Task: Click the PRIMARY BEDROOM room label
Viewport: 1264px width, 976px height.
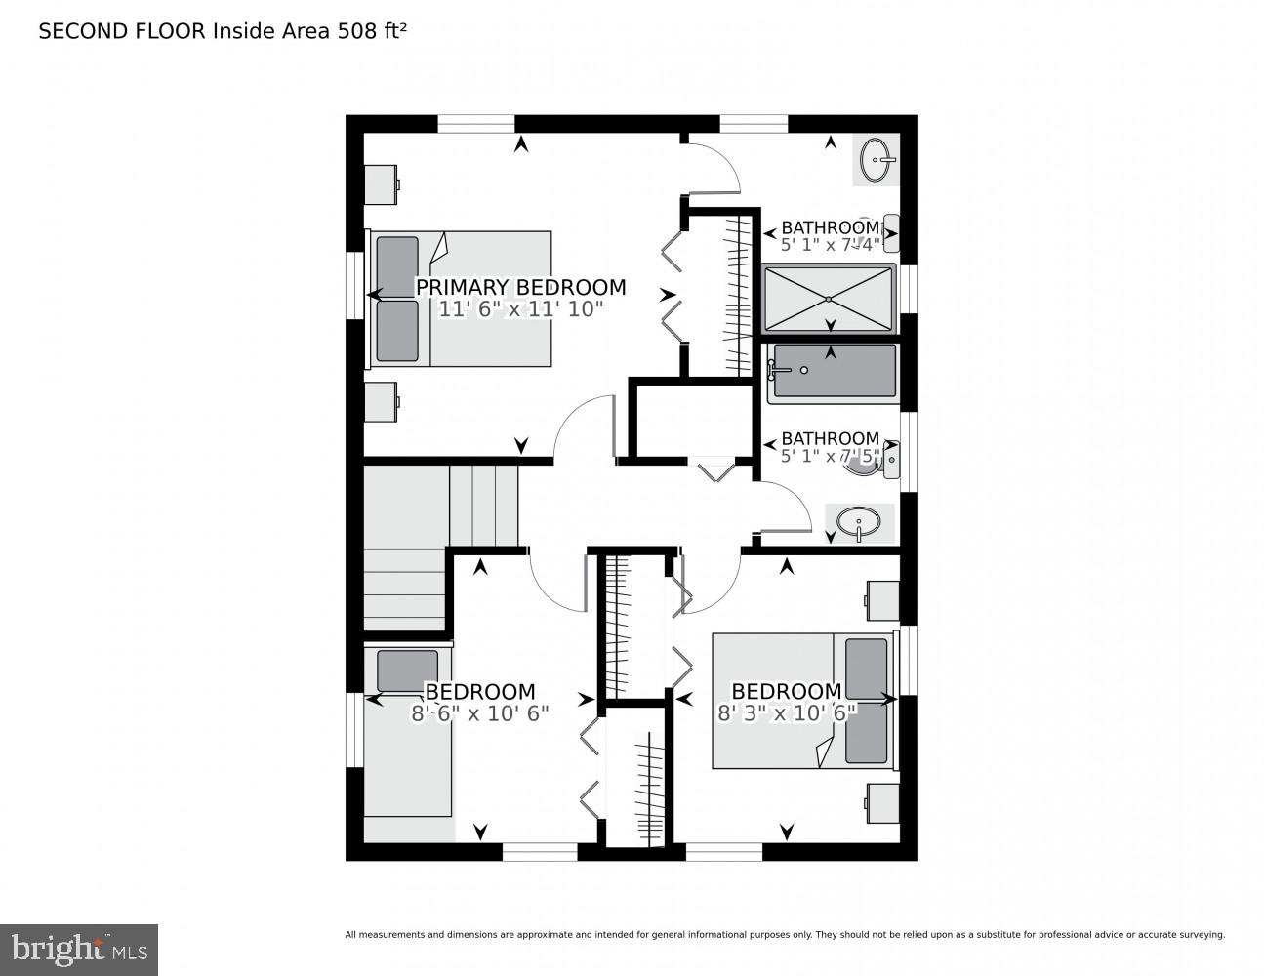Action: tap(520, 287)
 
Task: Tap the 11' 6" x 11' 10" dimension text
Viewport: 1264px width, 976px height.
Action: tap(520, 309)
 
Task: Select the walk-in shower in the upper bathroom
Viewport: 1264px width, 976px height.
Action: tap(828, 298)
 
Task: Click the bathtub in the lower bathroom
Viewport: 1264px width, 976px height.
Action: tap(832, 372)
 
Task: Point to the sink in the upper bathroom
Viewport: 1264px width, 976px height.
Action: tap(876, 159)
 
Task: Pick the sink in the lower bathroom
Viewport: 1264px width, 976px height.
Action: tap(859, 523)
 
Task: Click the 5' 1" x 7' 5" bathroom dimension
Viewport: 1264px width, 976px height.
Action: tap(831, 456)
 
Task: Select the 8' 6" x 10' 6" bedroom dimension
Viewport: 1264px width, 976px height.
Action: tap(479, 713)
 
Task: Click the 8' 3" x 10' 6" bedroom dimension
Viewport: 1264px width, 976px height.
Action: tap(787, 713)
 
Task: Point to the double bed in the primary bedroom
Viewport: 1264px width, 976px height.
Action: tap(459, 299)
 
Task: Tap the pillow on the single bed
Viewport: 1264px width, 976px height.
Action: tap(407, 671)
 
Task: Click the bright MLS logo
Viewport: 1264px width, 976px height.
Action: tap(78, 949)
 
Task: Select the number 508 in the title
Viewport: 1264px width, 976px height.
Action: tap(356, 31)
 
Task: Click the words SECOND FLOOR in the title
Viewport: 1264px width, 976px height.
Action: tap(122, 31)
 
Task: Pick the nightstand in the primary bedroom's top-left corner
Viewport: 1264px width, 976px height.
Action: tap(381, 183)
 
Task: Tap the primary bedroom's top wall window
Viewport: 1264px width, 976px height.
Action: tap(475, 123)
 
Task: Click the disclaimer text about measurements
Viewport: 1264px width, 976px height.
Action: tap(784, 935)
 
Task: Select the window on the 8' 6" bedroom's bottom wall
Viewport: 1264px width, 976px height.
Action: tap(540, 852)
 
